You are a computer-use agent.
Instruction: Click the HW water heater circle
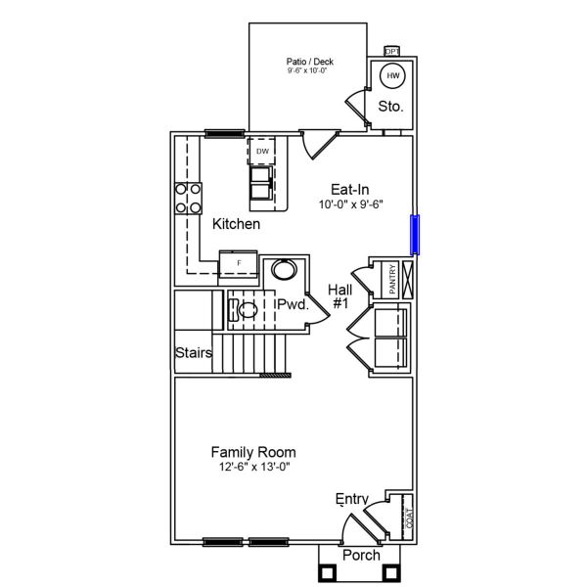point(393,76)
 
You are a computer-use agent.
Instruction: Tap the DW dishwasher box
point(262,152)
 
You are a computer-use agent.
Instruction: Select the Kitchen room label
point(237,224)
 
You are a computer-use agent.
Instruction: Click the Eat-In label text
point(350,190)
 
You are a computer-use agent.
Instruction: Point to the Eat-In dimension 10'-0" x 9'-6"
point(350,205)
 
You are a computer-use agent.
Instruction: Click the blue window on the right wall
point(415,234)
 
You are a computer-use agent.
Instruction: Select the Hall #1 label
point(340,296)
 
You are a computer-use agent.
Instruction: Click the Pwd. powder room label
point(293,305)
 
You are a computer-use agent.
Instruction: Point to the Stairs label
point(194,352)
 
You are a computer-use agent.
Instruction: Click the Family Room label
point(253,452)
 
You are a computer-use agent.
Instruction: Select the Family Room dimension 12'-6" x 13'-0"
point(253,467)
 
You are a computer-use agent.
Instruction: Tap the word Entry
point(352,499)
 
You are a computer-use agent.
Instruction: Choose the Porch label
point(361,555)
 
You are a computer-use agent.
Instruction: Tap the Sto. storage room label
point(390,106)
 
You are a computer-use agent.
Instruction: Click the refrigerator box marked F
point(238,264)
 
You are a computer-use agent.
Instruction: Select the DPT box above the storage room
point(392,51)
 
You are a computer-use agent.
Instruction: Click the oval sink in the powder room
point(284,270)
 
